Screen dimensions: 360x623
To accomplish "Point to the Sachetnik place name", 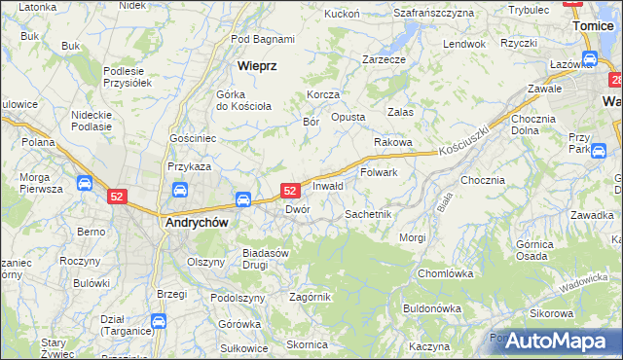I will pos(368,213).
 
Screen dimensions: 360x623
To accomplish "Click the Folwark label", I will pos(379,172).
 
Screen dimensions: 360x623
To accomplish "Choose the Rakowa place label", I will pos(394,142).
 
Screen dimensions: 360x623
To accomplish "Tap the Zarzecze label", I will pos(384,58).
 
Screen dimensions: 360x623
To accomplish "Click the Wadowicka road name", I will pos(584,282).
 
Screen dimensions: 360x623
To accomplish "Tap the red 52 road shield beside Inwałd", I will pos(289,192).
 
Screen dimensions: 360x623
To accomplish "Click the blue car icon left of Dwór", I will pos(242,199).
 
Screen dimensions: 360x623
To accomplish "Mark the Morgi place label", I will pos(412,237).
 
